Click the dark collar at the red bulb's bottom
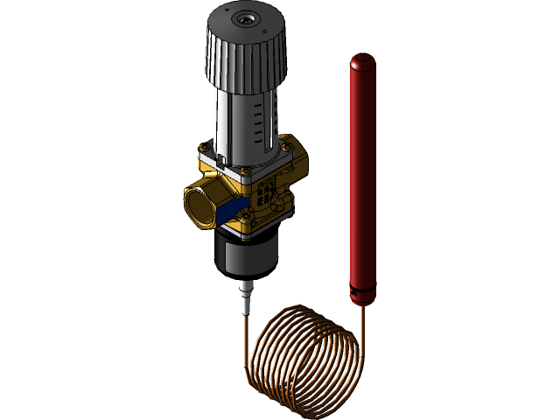362,297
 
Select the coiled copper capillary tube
302,354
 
